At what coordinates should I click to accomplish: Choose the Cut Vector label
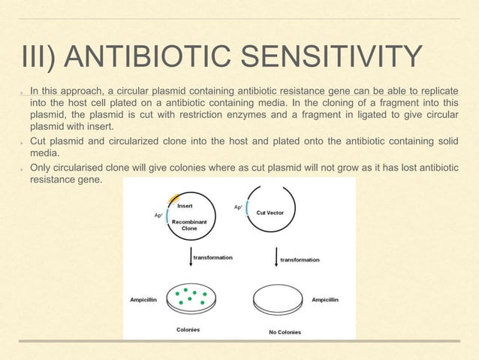click(x=270, y=213)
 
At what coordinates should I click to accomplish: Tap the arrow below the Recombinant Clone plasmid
click(x=189, y=256)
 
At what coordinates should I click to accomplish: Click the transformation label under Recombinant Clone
click(x=213, y=257)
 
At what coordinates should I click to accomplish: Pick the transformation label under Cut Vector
click(x=300, y=260)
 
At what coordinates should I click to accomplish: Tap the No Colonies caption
click(x=285, y=331)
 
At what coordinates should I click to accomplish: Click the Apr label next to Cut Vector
click(x=239, y=206)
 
